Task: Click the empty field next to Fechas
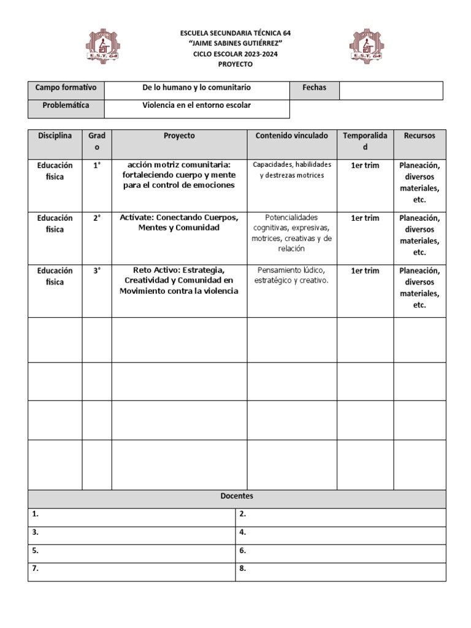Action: pos(391,90)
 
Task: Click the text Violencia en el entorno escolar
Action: pos(197,105)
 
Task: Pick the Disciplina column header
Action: pos(55,136)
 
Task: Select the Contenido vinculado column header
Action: pos(291,136)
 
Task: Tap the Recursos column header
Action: pos(419,136)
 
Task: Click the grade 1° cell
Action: pos(97,165)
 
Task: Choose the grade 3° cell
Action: pos(97,270)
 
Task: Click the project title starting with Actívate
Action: pos(179,223)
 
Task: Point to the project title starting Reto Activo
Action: pos(179,280)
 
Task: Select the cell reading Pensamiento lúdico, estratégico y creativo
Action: pos(291,275)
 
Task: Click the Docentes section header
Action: pos(237,496)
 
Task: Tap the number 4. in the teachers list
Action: pos(243,532)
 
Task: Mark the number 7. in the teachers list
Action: pos(36,569)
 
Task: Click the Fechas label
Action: pos(314,88)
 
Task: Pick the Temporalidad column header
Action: pos(365,141)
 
